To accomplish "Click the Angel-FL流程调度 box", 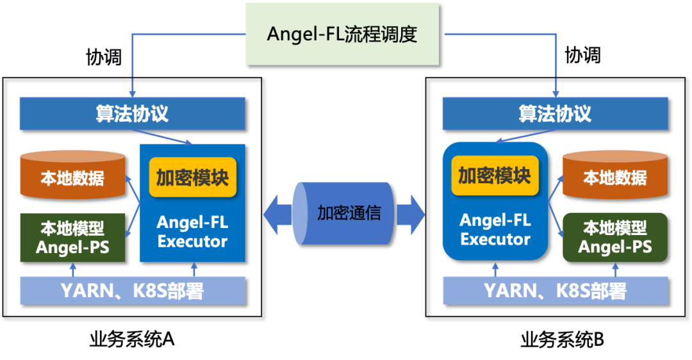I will point(342,34).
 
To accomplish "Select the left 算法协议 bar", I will point(132,113).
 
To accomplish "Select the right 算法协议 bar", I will point(555,113).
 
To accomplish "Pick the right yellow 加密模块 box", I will point(495,175).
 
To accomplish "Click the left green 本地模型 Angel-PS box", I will point(72,237).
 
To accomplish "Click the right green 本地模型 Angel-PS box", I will point(614,237).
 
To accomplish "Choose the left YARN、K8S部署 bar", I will point(132,291).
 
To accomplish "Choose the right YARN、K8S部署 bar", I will point(555,291).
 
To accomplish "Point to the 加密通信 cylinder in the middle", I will point(344,213).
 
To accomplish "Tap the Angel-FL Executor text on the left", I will point(192,232).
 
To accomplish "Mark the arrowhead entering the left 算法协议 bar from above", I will point(132,91).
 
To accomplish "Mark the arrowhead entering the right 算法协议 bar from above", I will point(556,91).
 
